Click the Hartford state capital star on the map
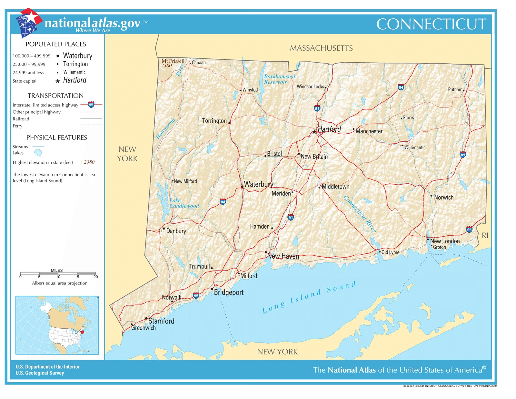[x=314, y=132]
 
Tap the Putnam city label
[x=455, y=89]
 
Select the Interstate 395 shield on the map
[x=463, y=155]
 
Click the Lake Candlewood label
[x=184, y=203]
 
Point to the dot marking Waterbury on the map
[x=242, y=187]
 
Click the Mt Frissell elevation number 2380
[x=166, y=66]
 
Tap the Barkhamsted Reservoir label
[x=279, y=79]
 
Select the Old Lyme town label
[x=390, y=252]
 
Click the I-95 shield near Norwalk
[x=196, y=295]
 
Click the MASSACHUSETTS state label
[x=321, y=48]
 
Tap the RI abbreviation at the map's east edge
[x=485, y=236]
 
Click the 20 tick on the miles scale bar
[x=95, y=277]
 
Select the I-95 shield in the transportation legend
[x=91, y=105]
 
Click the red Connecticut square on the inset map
[x=82, y=332]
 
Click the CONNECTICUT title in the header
[x=431, y=24]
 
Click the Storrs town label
[x=408, y=118]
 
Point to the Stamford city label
[x=161, y=321]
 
